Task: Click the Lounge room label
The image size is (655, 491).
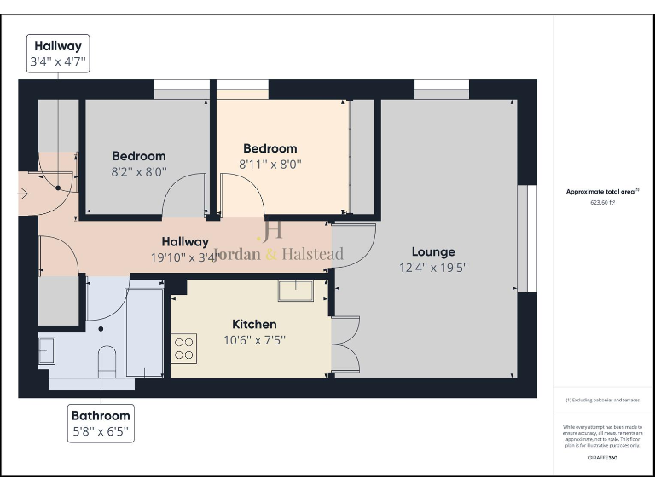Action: click(433, 252)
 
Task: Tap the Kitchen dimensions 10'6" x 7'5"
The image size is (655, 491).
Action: click(254, 339)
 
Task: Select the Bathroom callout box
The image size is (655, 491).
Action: click(101, 424)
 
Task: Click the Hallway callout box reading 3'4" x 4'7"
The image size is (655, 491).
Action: click(58, 55)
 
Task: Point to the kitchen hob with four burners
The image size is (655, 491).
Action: click(184, 349)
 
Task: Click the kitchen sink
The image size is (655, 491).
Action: click(295, 291)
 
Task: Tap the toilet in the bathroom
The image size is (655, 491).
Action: click(107, 362)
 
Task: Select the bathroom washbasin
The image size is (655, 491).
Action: click(46, 351)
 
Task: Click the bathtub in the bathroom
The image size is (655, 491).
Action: click(144, 332)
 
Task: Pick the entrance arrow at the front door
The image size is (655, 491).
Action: click(23, 194)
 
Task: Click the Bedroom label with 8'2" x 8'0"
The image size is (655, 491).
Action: click(139, 156)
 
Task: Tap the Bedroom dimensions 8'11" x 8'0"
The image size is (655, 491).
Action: click(270, 164)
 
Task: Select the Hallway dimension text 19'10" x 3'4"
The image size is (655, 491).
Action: click(185, 257)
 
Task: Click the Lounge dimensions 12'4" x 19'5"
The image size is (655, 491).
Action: click(433, 268)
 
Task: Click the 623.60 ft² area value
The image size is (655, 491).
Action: click(602, 203)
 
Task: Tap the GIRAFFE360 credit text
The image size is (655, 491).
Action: click(602, 458)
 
